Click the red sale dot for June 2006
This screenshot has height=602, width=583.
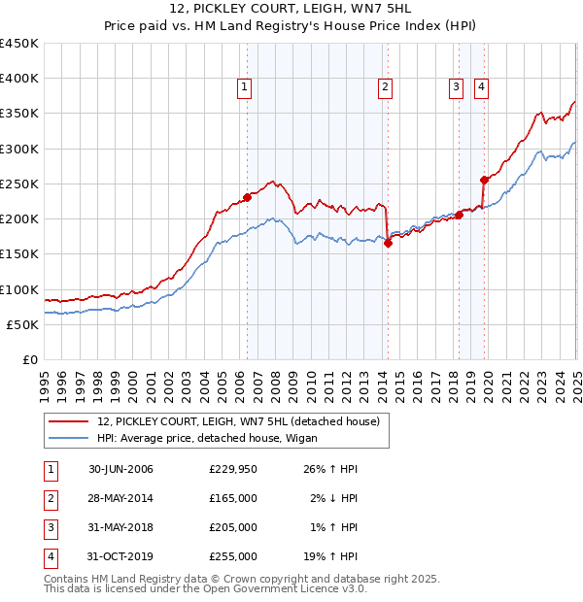pyautogui.click(x=247, y=197)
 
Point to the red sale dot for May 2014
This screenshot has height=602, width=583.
pyautogui.click(x=388, y=244)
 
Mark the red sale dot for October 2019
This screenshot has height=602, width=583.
pyautogui.click(x=484, y=180)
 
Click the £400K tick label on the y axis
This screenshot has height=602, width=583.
pyautogui.click(x=19, y=79)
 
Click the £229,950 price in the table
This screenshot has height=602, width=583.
pyautogui.click(x=233, y=469)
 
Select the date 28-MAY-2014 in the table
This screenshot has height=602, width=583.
pyautogui.click(x=120, y=498)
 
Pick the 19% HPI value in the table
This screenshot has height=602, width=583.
pyautogui.click(x=330, y=556)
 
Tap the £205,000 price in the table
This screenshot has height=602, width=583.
pyautogui.click(x=233, y=527)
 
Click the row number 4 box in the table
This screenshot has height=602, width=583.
pyautogui.click(x=49, y=556)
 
